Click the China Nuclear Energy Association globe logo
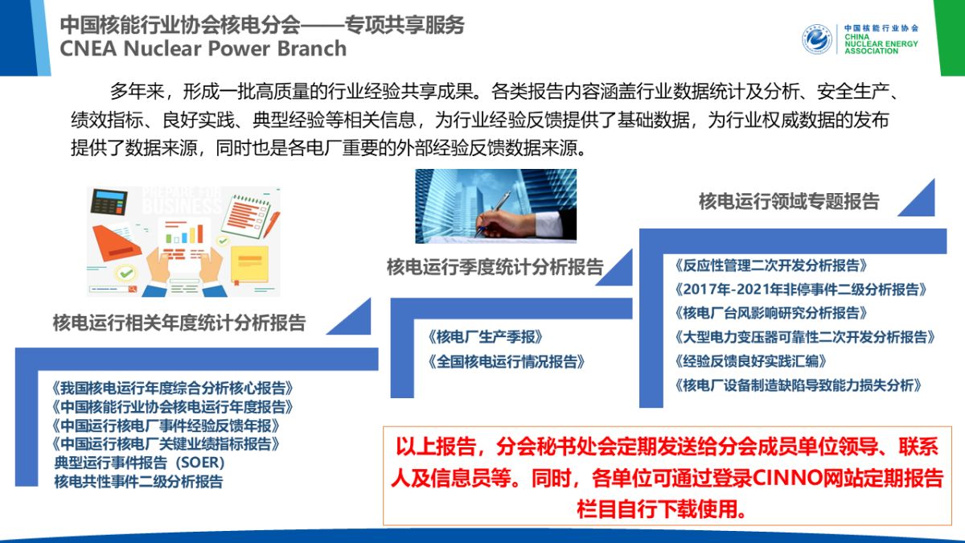pyautogui.click(x=817, y=39)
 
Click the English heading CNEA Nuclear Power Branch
pyautogui.click(x=203, y=48)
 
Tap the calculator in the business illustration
pyautogui.click(x=109, y=201)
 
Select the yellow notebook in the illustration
pyautogui.click(x=249, y=264)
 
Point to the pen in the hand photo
pyautogui.click(x=493, y=214)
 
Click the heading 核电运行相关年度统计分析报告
pyautogui.click(x=179, y=323)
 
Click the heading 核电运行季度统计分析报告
pyautogui.click(x=495, y=267)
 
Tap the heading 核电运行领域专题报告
pyautogui.click(x=789, y=201)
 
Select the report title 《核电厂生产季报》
pyautogui.click(x=485, y=337)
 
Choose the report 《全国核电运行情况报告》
pyautogui.click(x=506, y=361)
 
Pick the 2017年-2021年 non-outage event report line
pyautogui.click(x=801, y=289)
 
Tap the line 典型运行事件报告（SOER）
pyautogui.click(x=140, y=463)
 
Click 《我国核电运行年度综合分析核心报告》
pyautogui.click(x=172, y=389)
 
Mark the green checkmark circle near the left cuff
pyautogui.click(x=126, y=274)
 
